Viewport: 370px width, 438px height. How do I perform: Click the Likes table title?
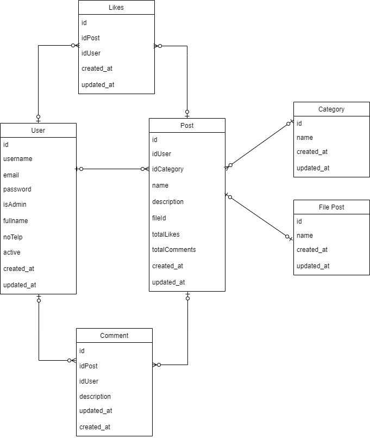pos(116,8)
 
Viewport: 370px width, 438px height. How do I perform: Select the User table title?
pos(38,131)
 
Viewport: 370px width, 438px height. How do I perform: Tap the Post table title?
pos(187,126)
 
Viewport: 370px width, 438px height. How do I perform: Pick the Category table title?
pos(331,109)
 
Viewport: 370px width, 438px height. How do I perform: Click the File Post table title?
pos(331,207)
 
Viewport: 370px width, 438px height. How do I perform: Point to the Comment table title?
pos(114,336)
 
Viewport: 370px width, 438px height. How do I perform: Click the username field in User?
pos(18,159)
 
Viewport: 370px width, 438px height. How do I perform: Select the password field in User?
pos(17,189)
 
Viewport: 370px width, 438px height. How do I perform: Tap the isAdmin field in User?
pos(15,205)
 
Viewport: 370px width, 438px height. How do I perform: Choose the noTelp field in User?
pos(13,237)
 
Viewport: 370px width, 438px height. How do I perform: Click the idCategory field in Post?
pos(168,169)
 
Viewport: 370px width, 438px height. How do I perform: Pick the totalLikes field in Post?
pos(166,235)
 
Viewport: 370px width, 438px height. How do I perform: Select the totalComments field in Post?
pos(174,250)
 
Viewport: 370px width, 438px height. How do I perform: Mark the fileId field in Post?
pos(159,218)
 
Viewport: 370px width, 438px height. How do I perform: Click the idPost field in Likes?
pos(90,38)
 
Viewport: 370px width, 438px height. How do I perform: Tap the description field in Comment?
pos(95,397)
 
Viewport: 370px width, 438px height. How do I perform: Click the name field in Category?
pos(305,138)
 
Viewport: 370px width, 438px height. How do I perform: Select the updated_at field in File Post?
pos(313,266)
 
